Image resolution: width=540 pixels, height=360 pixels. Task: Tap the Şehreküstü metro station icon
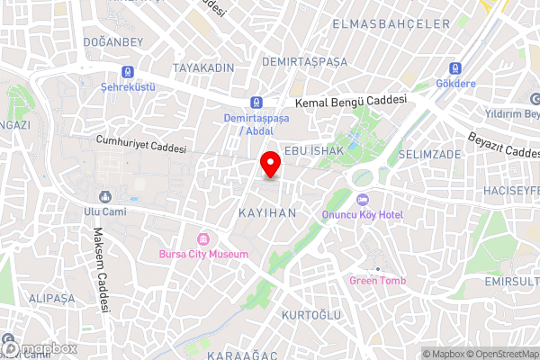pyautogui.click(x=129, y=72)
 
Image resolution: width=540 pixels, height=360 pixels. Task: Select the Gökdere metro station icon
pyautogui.click(x=455, y=68)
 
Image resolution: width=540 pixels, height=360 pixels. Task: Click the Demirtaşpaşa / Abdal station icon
pyautogui.click(x=257, y=103)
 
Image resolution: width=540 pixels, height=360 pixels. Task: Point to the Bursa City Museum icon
pyautogui.click(x=203, y=239)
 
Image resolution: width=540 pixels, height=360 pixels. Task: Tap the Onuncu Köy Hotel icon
pyautogui.click(x=363, y=200)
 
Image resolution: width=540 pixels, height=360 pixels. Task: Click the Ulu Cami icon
pyautogui.click(x=105, y=196)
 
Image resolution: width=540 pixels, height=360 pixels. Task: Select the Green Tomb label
pyautogui.click(x=378, y=281)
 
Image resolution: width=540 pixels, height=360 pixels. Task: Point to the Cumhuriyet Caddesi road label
pyautogui.click(x=141, y=146)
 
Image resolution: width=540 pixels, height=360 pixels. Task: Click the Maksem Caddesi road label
pyautogui.click(x=100, y=270)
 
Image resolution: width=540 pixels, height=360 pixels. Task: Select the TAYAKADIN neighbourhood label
pyautogui.click(x=203, y=68)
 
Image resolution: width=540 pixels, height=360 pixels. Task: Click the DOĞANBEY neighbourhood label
pyautogui.click(x=112, y=42)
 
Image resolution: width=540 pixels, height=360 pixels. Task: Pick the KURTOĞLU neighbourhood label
pyautogui.click(x=311, y=314)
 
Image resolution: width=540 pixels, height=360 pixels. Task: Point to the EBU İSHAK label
pyautogui.click(x=313, y=151)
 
